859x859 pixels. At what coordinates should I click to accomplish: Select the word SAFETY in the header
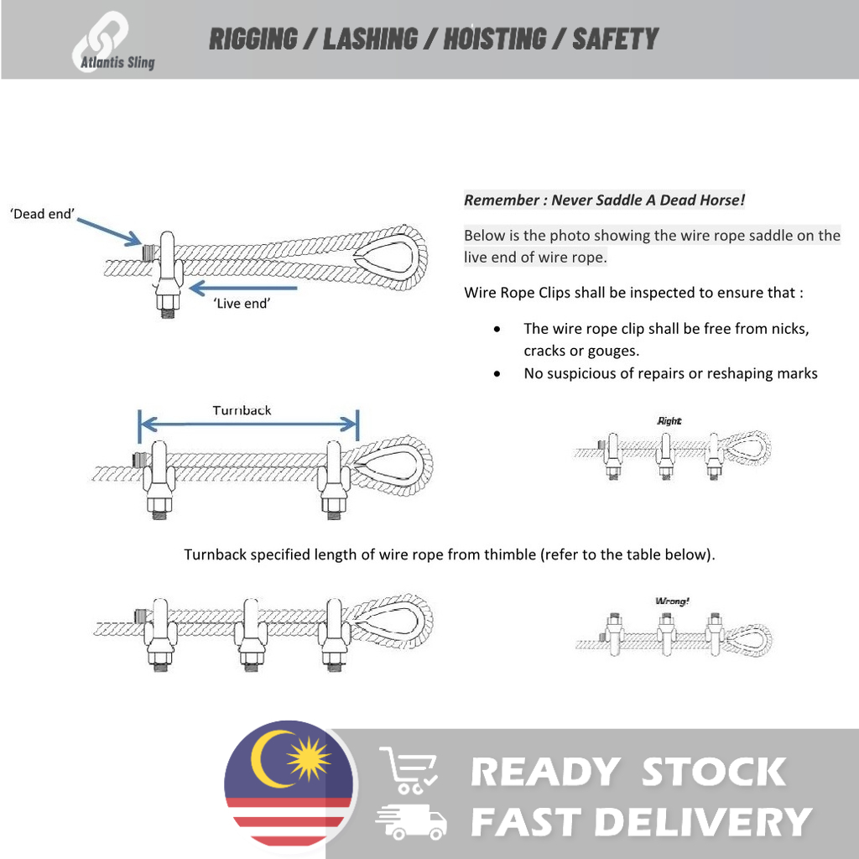(x=615, y=39)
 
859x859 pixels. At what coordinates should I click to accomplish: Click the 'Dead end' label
(x=42, y=215)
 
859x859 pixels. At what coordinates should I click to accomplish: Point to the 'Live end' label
(x=242, y=304)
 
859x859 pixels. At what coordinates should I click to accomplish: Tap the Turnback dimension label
(x=242, y=410)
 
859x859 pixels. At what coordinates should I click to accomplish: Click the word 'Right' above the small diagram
(x=669, y=421)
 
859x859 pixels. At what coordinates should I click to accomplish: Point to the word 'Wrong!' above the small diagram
(x=672, y=601)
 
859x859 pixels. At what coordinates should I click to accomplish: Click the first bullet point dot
(x=498, y=330)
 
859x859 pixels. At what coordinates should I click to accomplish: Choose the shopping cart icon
(x=409, y=770)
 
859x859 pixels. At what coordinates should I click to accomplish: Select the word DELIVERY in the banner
(x=703, y=821)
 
